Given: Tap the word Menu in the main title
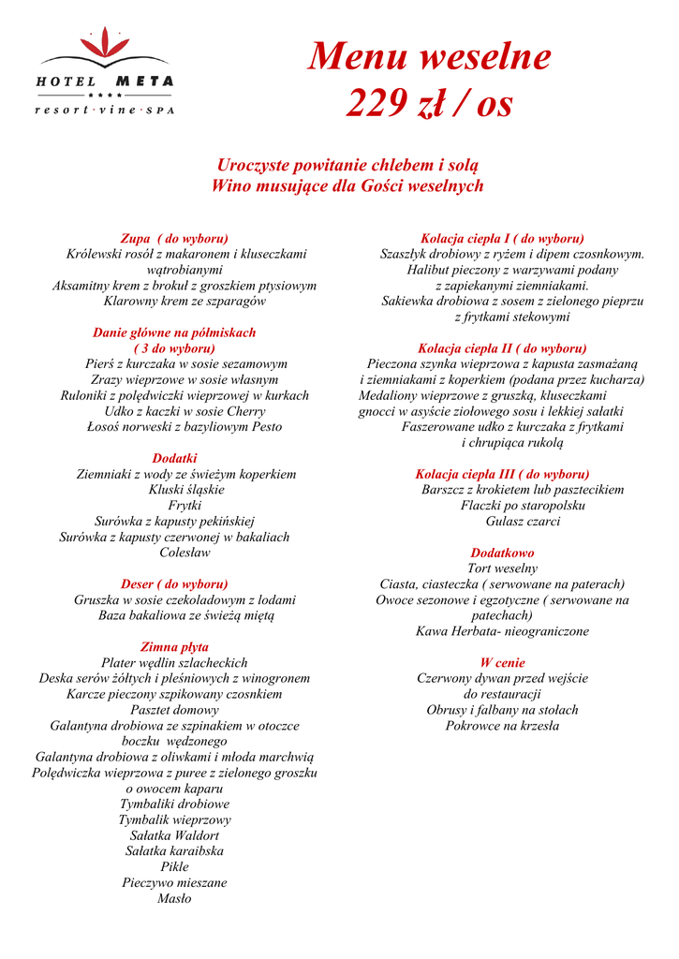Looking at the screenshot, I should pos(359,58).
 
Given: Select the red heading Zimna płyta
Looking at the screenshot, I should pos(174,647).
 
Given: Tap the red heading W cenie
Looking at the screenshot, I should pos(502,662).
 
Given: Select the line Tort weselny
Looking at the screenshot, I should pos(502,568).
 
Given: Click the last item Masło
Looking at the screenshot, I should pos(174,898).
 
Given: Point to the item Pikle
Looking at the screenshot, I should pos(174,867).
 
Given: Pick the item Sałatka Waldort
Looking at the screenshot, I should pos(174,835).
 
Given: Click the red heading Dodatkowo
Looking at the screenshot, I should pos(502,553).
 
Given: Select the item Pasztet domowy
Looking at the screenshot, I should pos(174,710).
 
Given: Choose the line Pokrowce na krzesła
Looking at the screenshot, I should pos(502,726).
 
